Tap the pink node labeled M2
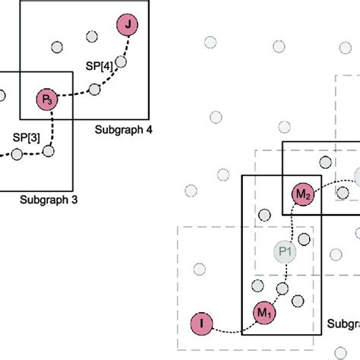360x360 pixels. point(303,195)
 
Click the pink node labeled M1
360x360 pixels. point(262,312)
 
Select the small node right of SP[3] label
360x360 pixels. point(49,151)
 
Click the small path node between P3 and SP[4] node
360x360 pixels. point(95,90)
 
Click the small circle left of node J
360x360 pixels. point(92,36)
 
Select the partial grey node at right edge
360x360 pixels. point(357,178)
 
